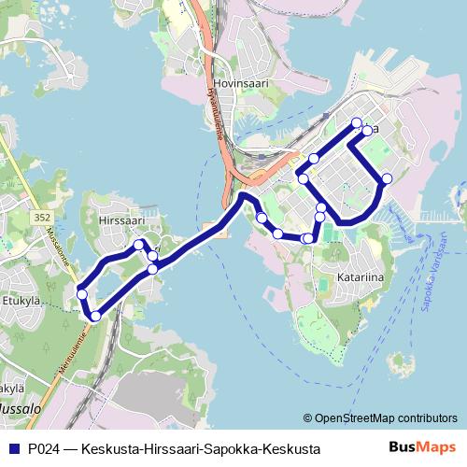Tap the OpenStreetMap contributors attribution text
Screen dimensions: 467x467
(379, 417)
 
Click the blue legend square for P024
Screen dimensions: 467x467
(14, 449)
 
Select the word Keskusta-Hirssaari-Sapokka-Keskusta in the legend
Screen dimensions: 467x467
(201, 449)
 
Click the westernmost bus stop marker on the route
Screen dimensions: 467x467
(82, 294)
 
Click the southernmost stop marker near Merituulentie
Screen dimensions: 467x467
(94, 316)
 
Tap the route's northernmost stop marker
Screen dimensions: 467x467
(356, 122)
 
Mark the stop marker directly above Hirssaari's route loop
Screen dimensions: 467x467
(139, 245)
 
